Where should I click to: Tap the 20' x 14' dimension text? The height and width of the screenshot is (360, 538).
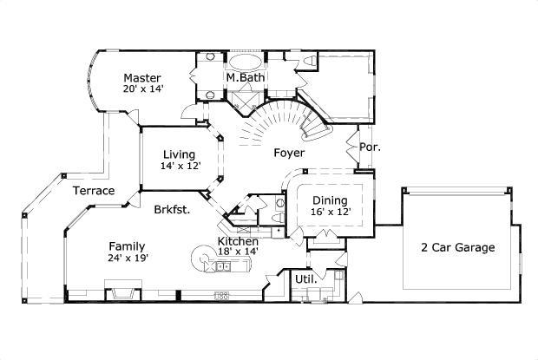tap(143, 88)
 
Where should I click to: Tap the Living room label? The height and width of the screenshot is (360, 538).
tap(178, 154)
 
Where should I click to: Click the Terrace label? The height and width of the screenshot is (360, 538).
tap(93, 191)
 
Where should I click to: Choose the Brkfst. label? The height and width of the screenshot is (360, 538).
tap(172, 209)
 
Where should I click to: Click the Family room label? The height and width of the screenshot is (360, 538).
tap(127, 245)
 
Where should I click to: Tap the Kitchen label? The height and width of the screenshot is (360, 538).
tap(236, 240)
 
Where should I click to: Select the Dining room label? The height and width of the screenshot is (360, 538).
tap(331, 200)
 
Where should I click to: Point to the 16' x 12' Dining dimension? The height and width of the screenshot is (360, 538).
tap(331, 212)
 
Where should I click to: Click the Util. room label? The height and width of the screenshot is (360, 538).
tap(305, 278)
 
